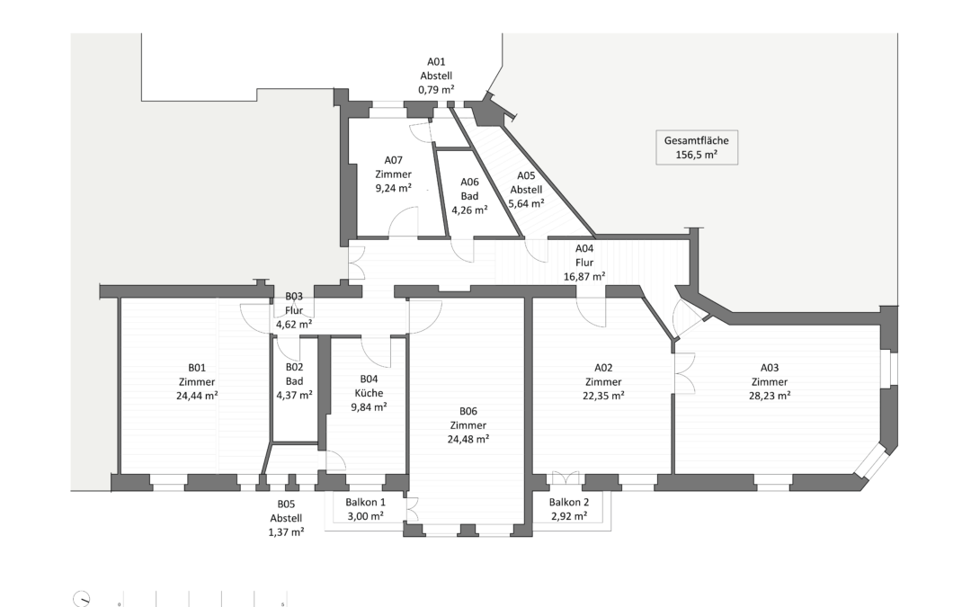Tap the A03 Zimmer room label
point(769,380)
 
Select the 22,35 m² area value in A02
point(603,395)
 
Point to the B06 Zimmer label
point(468,425)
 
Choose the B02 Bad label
point(294,380)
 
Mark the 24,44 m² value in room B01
point(197,395)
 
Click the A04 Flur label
point(584,263)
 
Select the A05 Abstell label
point(526,190)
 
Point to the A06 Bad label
point(469,195)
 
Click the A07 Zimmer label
point(393,174)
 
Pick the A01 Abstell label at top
point(436,76)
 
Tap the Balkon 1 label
point(365,503)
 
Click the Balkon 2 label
point(569,503)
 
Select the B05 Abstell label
point(287,517)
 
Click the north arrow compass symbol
point(83,599)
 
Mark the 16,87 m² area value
point(584,277)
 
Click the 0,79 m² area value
point(436,90)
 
